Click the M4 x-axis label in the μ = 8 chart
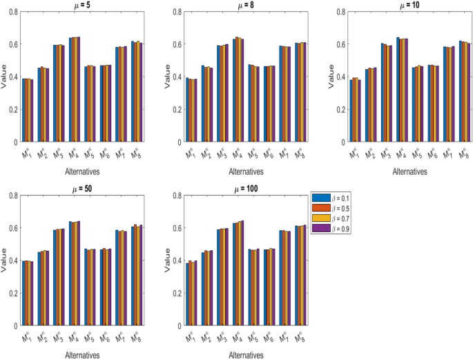pos(238,153)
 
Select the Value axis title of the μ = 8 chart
pos(160,77)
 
